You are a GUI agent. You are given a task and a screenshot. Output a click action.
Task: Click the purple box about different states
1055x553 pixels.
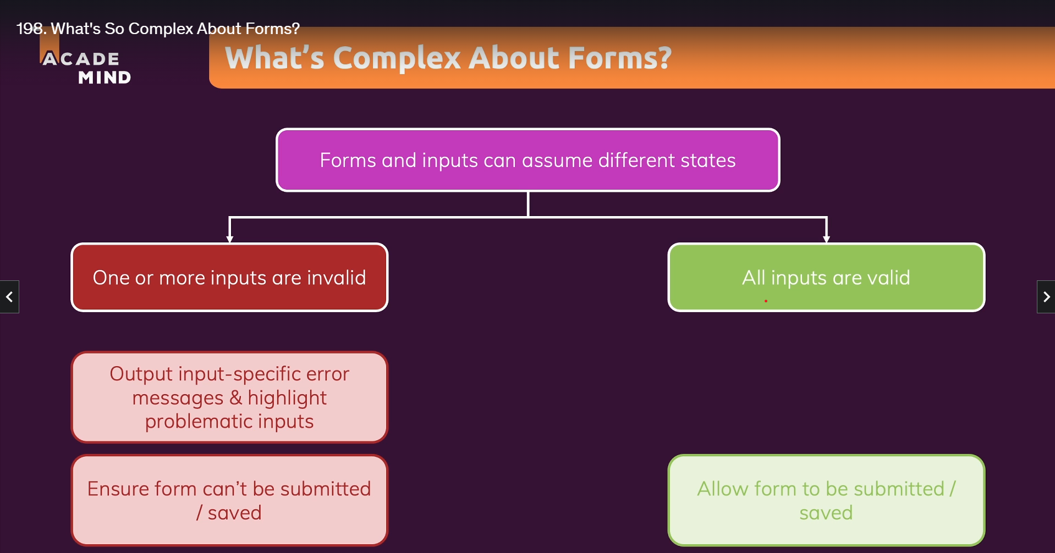click(527, 160)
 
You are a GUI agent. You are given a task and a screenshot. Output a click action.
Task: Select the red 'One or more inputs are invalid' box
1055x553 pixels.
click(229, 278)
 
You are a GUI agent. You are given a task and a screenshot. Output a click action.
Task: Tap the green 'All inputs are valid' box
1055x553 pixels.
click(826, 278)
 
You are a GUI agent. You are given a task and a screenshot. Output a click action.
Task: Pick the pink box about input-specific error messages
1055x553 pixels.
click(229, 397)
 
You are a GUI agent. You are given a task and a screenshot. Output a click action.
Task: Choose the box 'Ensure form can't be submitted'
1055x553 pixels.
click(229, 500)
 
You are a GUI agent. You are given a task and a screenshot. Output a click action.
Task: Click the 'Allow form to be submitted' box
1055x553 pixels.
click(826, 500)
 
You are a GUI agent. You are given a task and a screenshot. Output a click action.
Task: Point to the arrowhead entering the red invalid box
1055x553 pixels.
click(230, 239)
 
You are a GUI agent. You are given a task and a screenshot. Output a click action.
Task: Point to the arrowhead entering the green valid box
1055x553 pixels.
click(826, 239)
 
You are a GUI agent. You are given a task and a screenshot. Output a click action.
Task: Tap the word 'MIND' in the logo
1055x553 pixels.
click(105, 78)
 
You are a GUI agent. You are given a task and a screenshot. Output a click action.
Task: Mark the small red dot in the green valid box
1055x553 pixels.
click(766, 301)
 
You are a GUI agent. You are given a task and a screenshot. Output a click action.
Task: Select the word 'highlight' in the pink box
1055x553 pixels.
click(287, 397)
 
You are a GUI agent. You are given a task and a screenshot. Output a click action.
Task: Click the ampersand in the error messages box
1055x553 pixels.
click(235, 397)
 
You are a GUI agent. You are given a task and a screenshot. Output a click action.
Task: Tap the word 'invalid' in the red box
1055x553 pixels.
click(336, 278)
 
